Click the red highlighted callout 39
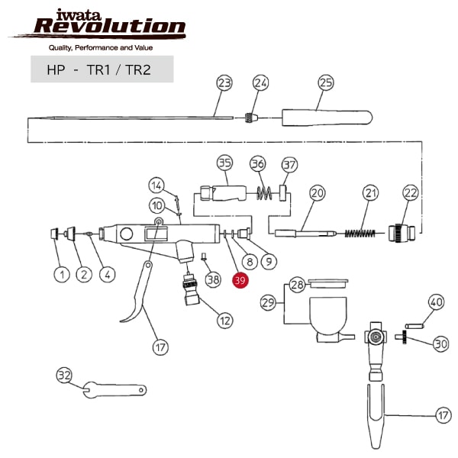[240, 281]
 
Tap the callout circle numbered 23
[224, 82]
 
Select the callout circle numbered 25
[326, 82]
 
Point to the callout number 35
[224, 163]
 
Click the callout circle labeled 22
[411, 193]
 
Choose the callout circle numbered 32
[65, 375]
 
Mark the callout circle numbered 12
[224, 320]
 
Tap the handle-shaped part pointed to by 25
[327, 118]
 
